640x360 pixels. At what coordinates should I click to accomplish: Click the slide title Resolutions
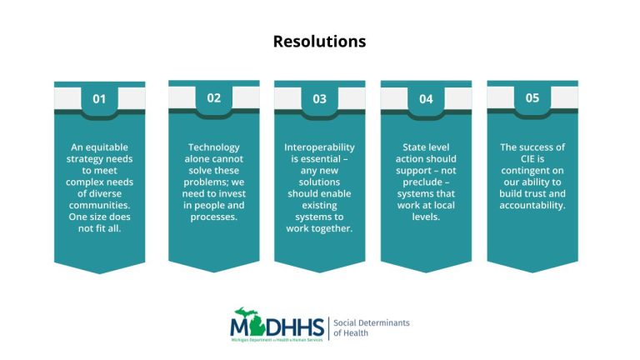(319, 41)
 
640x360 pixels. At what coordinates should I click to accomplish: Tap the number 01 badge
(99, 99)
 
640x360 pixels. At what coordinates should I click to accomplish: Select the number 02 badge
(214, 97)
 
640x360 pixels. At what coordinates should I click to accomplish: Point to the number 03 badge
(320, 99)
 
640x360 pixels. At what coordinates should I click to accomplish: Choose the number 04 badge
(426, 99)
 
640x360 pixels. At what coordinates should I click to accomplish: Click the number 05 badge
(532, 97)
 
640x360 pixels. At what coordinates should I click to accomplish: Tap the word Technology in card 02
(214, 147)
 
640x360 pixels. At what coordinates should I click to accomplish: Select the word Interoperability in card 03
(320, 147)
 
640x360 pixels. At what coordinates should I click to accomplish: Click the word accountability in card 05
(532, 206)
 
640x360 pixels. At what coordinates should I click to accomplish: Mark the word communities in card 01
(100, 206)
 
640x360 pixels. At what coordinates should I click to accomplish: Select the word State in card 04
(406, 147)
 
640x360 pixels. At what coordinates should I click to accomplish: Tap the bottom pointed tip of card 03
(320, 272)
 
